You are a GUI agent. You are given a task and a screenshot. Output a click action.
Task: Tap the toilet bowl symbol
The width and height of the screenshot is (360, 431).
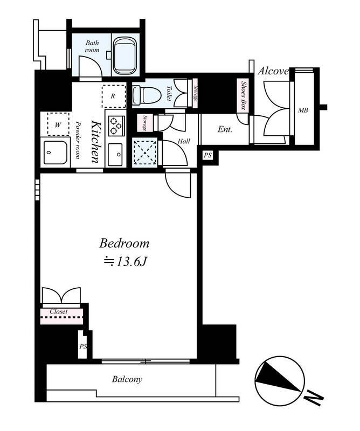(146, 95)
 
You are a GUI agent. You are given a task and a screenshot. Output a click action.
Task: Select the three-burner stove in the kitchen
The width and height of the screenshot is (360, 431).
(116, 126)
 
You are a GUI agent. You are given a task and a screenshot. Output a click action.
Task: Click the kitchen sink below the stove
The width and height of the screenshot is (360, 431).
(115, 155)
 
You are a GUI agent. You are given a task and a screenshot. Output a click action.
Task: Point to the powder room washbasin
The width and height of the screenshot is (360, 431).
(56, 152)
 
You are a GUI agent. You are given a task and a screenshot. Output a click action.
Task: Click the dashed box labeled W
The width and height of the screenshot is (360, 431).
(58, 124)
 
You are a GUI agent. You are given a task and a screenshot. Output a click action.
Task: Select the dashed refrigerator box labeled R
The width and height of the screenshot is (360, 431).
(114, 96)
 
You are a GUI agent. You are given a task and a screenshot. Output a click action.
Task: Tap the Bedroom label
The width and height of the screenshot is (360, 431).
(124, 244)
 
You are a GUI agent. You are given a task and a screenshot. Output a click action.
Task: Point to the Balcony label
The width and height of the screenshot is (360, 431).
(127, 379)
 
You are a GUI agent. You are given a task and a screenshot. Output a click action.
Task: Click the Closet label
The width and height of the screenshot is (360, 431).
(59, 312)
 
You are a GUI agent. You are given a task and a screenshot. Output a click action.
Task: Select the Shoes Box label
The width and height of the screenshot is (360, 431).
(243, 95)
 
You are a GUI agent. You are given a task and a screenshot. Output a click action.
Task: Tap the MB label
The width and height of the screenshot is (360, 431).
(303, 110)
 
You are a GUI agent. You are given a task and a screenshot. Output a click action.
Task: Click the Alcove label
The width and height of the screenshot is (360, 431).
(273, 71)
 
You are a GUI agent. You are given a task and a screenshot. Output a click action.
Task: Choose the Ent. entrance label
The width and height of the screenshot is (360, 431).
(225, 129)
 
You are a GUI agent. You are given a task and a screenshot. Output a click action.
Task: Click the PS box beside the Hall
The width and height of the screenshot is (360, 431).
(208, 155)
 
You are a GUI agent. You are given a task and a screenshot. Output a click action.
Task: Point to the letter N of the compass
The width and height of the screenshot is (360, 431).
(314, 397)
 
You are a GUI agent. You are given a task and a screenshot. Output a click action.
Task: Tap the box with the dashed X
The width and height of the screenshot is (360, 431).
(144, 152)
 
